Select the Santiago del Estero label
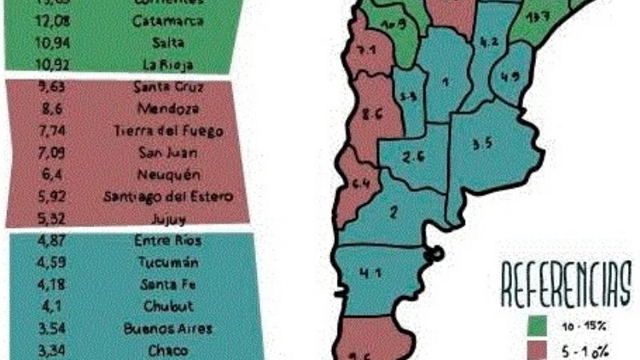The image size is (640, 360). [x=169, y=196]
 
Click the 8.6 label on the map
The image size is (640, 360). [x=370, y=114]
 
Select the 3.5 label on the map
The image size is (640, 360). [x=482, y=145]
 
